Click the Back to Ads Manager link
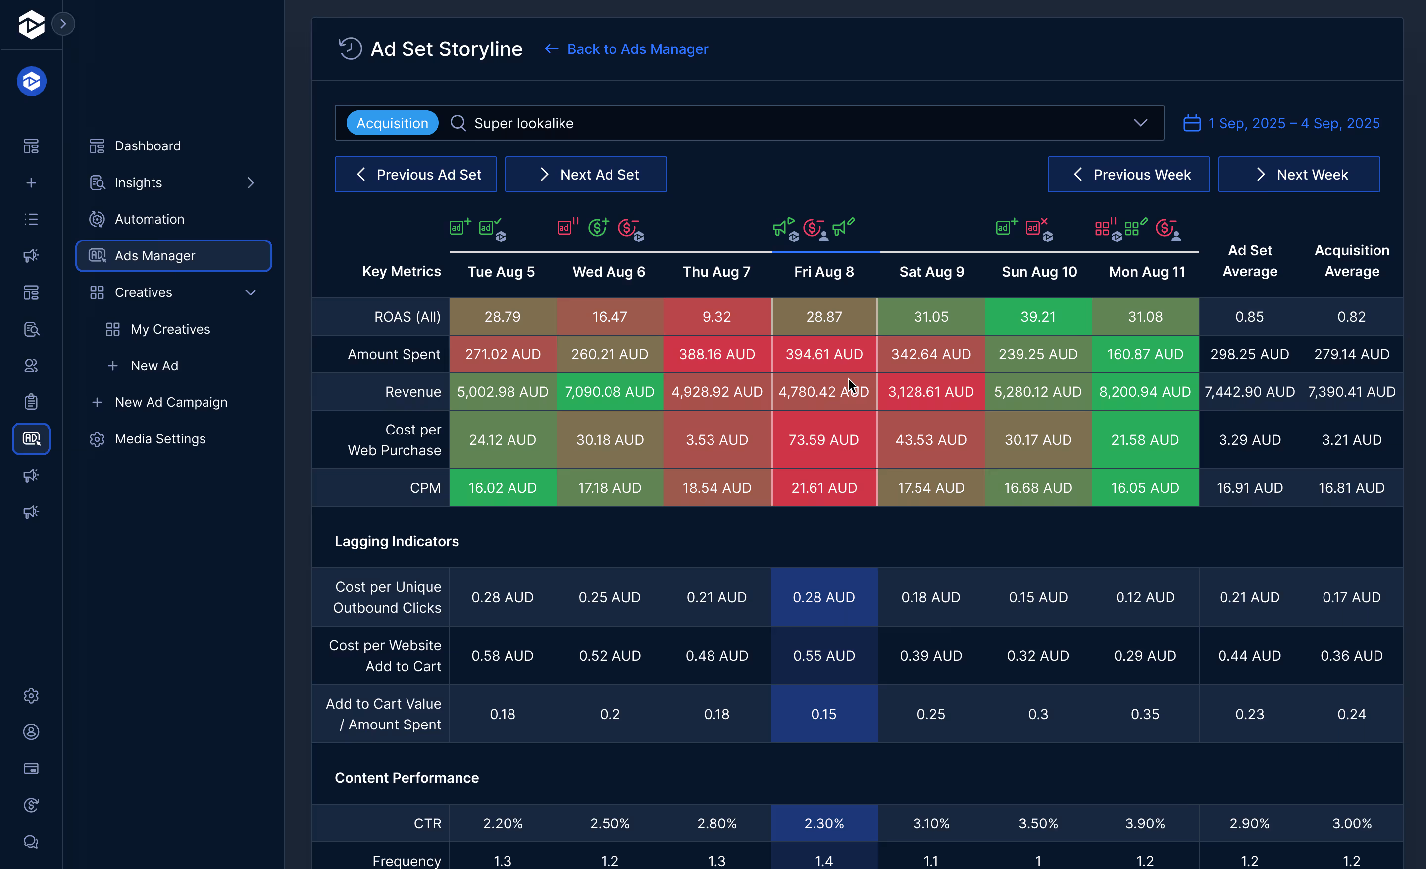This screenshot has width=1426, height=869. [637, 49]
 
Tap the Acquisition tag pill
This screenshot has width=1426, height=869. [392, 123]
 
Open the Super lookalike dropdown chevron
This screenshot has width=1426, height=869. [1140, 123]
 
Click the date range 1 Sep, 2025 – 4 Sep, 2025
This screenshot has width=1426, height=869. [1293, 123]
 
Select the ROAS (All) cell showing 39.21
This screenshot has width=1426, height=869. [1038, 317]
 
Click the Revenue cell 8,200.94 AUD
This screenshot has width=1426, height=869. [1144, 391]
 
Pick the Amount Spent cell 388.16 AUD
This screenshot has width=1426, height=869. [716, 354]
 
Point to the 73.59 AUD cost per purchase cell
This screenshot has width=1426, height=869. [823, 440]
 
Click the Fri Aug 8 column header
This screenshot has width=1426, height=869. [823, 271]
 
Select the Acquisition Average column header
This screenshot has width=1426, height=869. [1351, 261]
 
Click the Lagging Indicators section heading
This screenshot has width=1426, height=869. [397, 541]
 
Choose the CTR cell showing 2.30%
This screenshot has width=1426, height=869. [823, 823]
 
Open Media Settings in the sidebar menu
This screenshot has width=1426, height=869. [160, 439]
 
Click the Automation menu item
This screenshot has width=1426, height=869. [150, 219]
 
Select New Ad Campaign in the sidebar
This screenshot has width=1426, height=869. [171, 402]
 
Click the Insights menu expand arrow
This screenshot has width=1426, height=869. [250, 183]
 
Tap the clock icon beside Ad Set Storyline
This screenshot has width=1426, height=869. [350, 48]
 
